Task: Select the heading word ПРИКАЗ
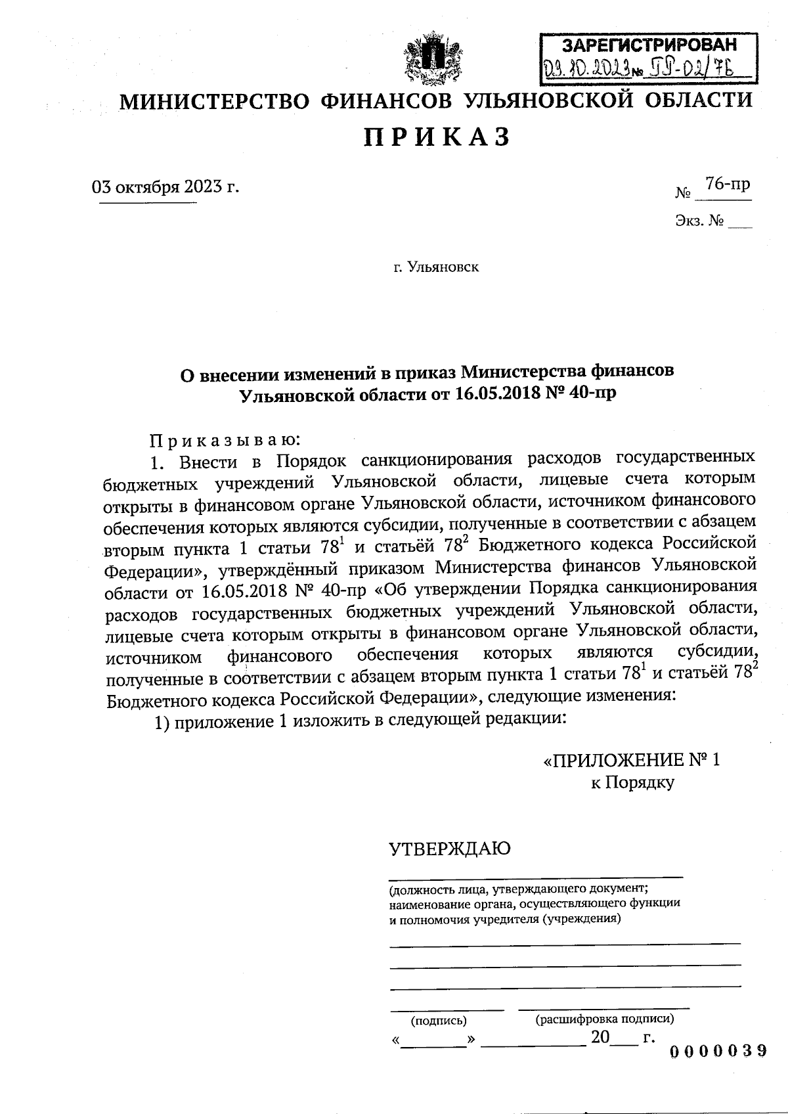[x=437, y=137]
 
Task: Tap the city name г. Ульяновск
[x=436, y=267]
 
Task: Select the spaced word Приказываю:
[x=226, y=438]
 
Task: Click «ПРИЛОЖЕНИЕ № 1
[x=632, y=760]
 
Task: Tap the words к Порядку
[x=632, y=782]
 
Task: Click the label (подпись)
[x=439, y=1021]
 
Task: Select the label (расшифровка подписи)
[x=605, y=1019]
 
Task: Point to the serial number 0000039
[x=718, y=1050]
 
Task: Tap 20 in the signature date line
[x=600, y=1037]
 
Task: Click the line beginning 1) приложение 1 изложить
[x=360, y=721]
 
